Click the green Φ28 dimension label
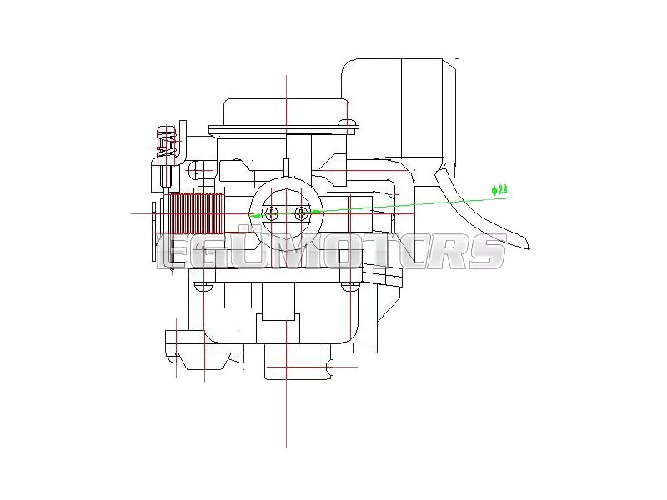(499, 190)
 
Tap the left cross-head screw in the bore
(272, 212)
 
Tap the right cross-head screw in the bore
(301, 212)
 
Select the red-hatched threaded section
(197, 212)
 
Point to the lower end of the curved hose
(528, 247)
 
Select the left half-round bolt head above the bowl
(203, 286)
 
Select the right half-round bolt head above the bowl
(349, 286)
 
